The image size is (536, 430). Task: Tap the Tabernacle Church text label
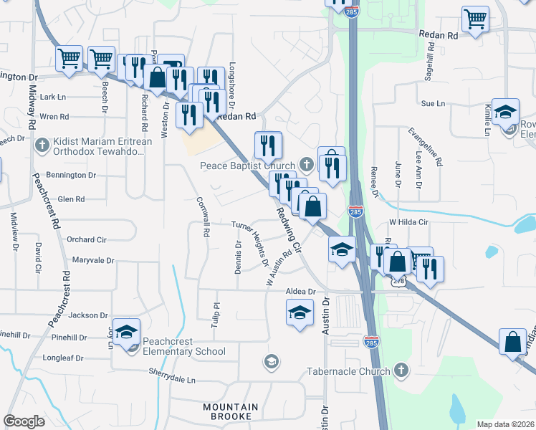point(348,371)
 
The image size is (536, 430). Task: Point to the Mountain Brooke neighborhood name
point(227,411)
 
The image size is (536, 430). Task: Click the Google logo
point(24,421)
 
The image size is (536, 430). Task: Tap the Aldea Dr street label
point(300,292)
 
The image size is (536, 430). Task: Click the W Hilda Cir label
point(408,222)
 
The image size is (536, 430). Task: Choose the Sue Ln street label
point(433,103)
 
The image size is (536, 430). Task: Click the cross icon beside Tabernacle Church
point(401,371)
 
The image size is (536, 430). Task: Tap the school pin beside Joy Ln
point(126,331)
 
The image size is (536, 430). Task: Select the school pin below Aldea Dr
point(300,312)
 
